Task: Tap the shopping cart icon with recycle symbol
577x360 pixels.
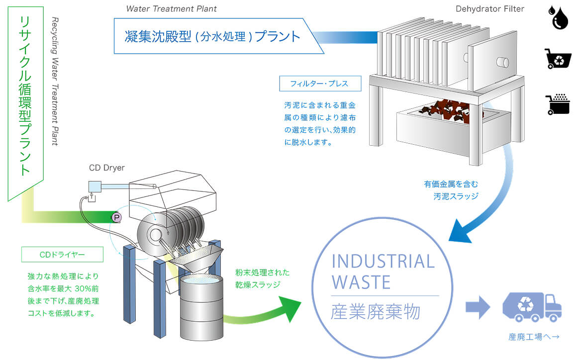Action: (x=558, y=59)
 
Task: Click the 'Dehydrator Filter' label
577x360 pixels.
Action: (x=490, y=8)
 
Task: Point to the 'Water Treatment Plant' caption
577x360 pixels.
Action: (x=172, y=8)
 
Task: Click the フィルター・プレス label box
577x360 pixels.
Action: (x=320, y=84)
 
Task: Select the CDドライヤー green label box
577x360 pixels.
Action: (x=62, y=255)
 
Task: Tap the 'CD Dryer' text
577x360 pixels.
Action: (x=107, y=168)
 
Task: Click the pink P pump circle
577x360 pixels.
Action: (x=117, y=217)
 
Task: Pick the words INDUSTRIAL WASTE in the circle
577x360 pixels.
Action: (x=383, y=271)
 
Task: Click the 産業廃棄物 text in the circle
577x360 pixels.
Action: (x=376, y=312)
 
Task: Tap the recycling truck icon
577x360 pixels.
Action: (x=532, y=307)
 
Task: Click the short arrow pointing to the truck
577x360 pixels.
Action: (x=478, y=306)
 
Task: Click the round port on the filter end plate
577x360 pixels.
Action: (x=502, y=63)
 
